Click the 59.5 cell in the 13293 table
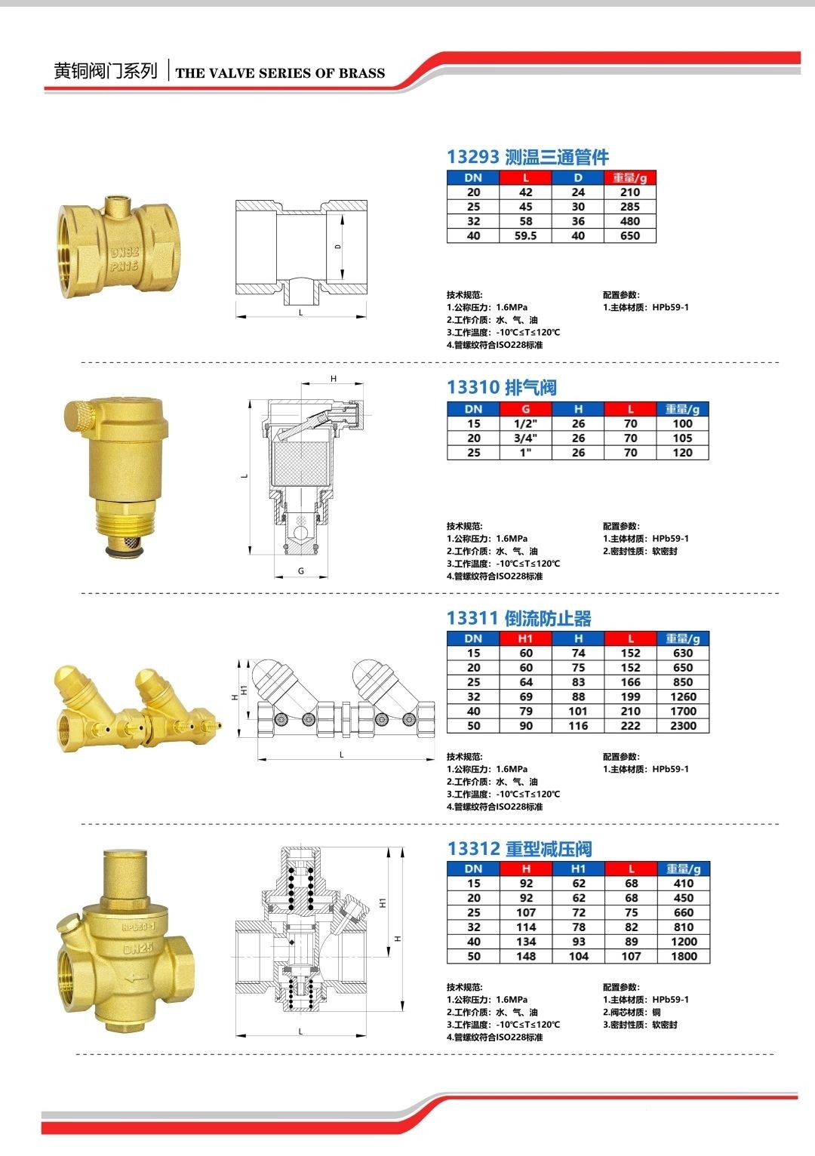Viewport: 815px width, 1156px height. [x=525, y=236]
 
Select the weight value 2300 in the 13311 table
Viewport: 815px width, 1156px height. [x=683, y=726]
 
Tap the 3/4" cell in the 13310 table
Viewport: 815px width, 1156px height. [x=525, y=438]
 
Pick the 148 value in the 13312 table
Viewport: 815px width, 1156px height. [x=526, y=956]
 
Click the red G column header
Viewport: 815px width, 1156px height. [x=525, y=409]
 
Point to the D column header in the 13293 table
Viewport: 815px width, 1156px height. [x=577, y=178]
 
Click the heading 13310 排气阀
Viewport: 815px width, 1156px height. [x=502, y=388]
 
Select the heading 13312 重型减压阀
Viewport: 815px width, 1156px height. [x=519, y=849]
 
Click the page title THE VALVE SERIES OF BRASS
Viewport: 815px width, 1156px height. [x=280, y=73]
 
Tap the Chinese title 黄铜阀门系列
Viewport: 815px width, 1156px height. [x=106, y=71]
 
